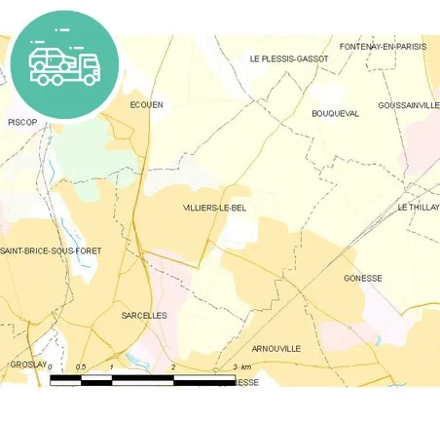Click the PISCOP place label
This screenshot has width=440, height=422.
21,122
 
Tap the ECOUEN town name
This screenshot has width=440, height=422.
146,104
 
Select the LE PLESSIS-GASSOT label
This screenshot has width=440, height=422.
289,59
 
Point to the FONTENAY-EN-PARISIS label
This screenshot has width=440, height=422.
383,47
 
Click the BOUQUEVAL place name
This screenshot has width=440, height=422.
335,114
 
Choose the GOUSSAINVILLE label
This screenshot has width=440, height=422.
409,105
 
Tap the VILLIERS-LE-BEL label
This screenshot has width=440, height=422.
213,209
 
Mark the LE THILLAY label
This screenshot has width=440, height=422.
419,208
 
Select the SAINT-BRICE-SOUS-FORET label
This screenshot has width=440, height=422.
51,251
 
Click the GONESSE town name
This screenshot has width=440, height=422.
363,279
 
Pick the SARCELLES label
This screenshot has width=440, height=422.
144,316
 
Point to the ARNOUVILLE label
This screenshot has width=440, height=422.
276,349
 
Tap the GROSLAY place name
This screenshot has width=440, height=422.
27,364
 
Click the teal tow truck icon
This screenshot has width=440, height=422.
64,64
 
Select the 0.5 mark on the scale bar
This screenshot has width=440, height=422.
82,366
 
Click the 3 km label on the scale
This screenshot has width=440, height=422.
242,366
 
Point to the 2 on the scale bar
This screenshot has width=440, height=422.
172,366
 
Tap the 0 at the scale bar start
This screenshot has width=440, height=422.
51,366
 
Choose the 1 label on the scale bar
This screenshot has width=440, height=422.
113,366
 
